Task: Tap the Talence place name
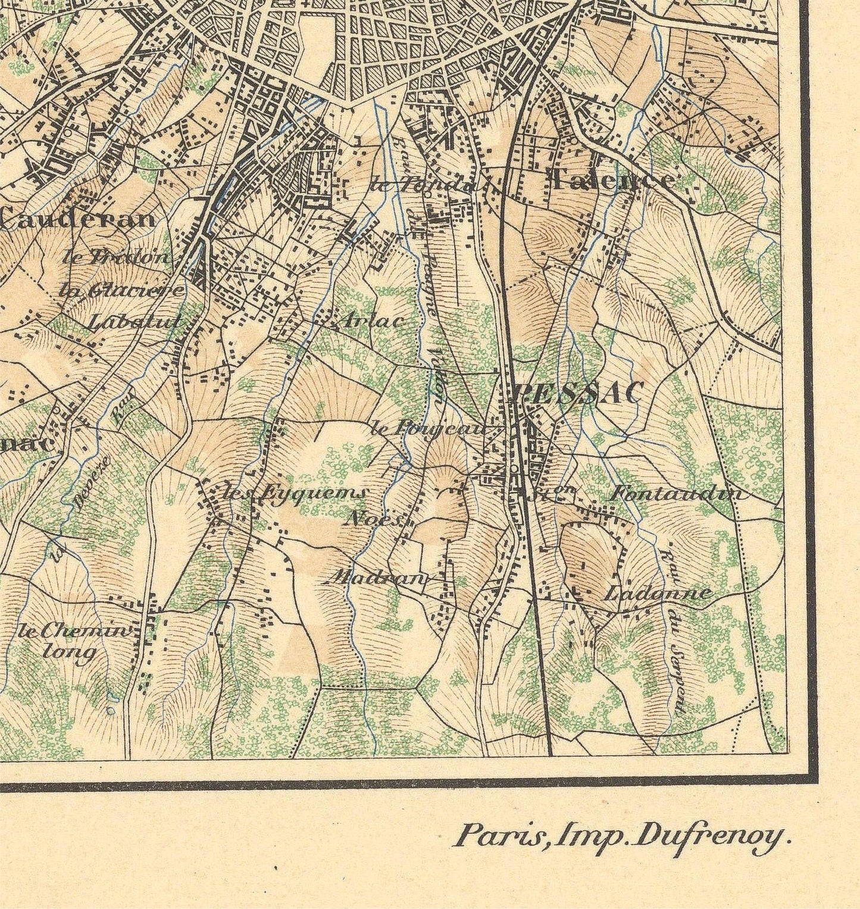click(x=613, y=179)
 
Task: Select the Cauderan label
click(x=77, y=220)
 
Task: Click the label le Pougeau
click(x=428, y=428)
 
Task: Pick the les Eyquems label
click(x=295, y=493)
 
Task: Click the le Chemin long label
click(x=73, y=641)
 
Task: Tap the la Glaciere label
click(x=122, y=290)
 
